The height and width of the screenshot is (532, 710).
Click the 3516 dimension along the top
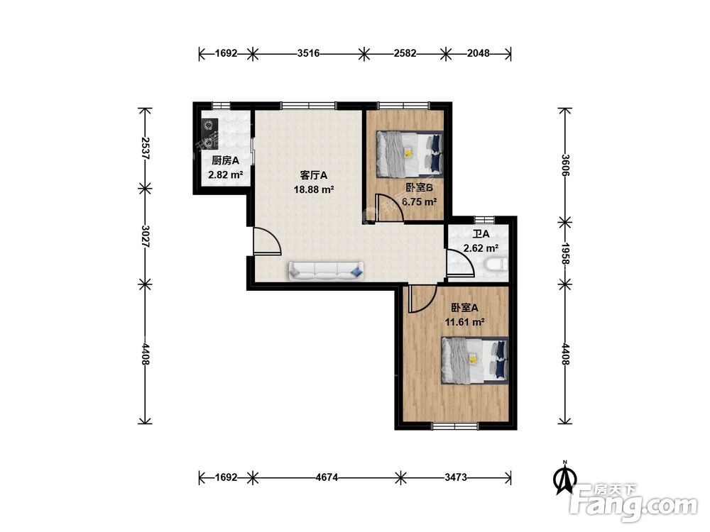pos(308,53)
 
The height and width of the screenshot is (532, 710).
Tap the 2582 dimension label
pos(405,53)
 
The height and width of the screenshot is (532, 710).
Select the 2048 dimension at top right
pos(478,53)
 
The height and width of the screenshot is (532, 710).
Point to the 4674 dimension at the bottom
pos(327,477)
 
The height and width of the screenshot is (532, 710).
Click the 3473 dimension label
pos(456,477)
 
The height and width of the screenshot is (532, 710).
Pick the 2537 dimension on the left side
pos(145,148)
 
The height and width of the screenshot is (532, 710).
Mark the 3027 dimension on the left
pos(145,236)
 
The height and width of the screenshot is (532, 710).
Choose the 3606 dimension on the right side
pos(565,165)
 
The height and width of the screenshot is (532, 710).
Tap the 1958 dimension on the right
pos(565,253)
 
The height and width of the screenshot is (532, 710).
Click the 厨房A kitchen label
pos(225,160)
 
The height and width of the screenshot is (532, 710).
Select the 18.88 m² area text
pos(314,189)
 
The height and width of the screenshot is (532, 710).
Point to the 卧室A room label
pos(464,308)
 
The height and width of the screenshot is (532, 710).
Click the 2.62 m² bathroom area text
pos(481,248)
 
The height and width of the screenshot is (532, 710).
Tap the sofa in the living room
pos(326,270)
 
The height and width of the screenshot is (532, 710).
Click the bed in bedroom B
pos(410,154)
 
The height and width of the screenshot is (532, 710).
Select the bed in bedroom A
pos(474,360)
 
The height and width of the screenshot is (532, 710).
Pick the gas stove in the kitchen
pos(209,134)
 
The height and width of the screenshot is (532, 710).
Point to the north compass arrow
pos(564,477)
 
